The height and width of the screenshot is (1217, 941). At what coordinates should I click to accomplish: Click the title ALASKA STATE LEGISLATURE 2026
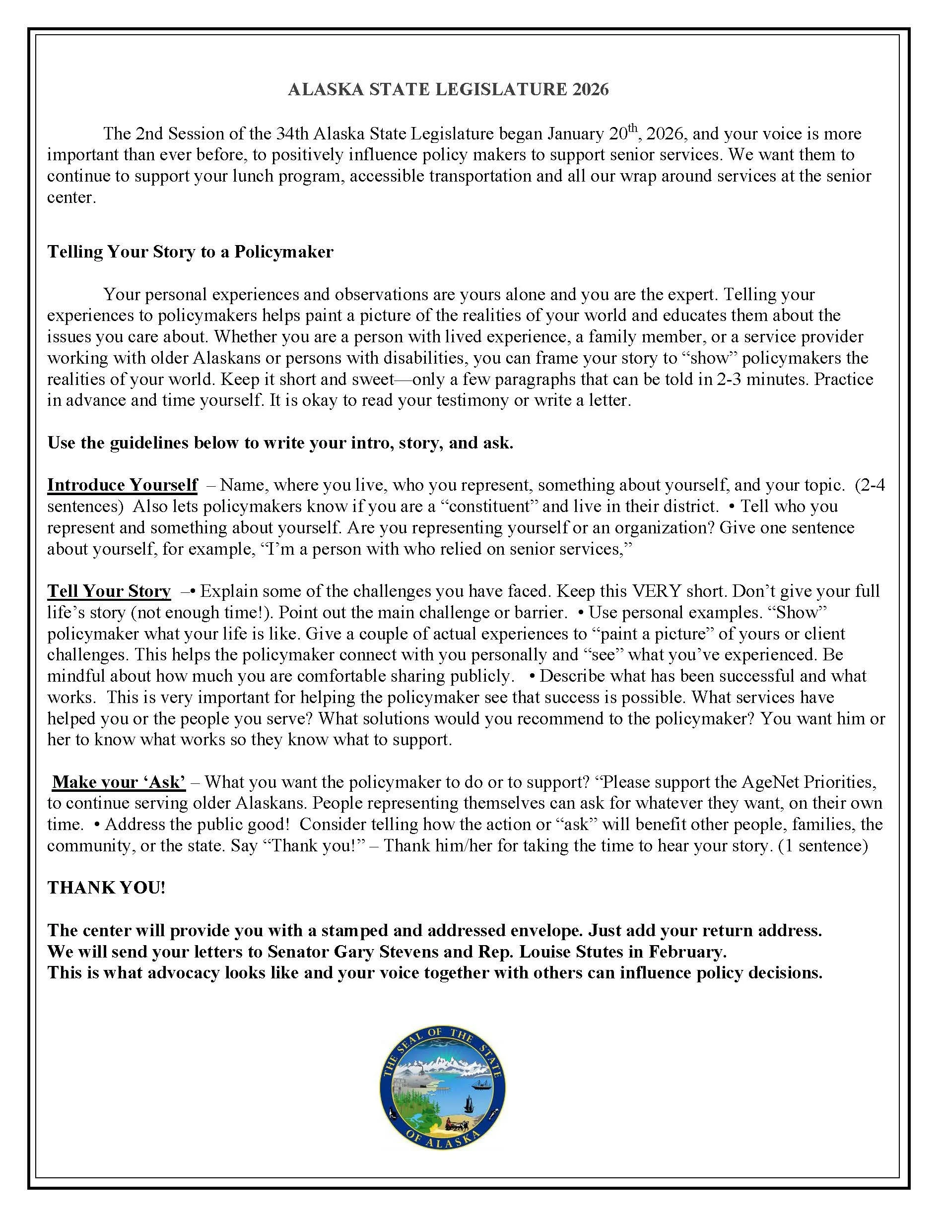coord(448,90)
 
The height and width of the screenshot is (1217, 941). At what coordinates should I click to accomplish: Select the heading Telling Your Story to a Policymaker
coord(190,252)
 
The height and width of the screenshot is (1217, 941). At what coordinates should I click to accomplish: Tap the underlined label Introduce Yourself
coord(122,485)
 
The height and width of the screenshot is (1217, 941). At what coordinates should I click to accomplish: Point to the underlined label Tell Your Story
coord(109,591)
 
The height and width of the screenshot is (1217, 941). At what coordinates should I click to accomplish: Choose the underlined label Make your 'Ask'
coord(119,782)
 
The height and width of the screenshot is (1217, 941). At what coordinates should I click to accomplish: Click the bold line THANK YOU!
coord(106,888)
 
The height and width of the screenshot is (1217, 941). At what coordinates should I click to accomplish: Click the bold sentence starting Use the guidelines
coord(280,443)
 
